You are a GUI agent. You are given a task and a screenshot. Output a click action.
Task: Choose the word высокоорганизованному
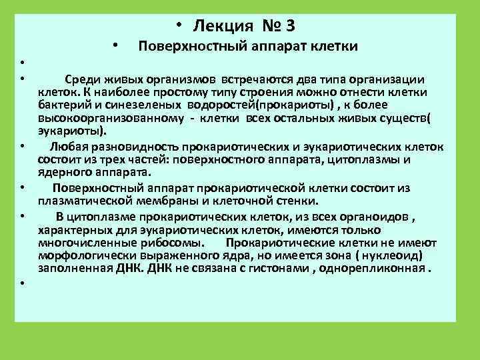pos(99,117)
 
